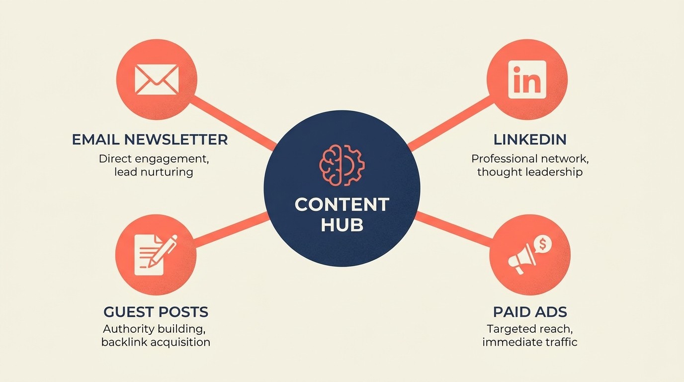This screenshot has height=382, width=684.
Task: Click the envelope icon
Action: [x=157, y=80]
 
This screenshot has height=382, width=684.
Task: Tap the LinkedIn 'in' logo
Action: [x=527, y=80]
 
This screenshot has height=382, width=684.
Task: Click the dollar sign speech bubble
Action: [x=543, y=244]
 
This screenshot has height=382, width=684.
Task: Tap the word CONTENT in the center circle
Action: [x=342, y=204]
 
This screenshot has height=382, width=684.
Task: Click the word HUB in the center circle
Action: [x=342, y=225]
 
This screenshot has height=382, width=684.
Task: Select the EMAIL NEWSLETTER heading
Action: [x=150, y=139]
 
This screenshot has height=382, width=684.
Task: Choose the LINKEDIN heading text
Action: [x=530, y=139]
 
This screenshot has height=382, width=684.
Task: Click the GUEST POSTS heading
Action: [x=156, y=312]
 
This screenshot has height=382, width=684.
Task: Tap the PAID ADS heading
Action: [x=530, y=312]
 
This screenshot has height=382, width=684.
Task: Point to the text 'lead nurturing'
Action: [x=153, y=172]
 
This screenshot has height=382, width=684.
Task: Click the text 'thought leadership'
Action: [x=530, y=172]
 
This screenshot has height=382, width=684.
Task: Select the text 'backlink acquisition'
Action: [x=156, y=342]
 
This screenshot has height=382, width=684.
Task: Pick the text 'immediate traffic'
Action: [x=530, y=342]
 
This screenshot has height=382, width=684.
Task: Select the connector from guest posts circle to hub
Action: [x=231, y=230]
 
